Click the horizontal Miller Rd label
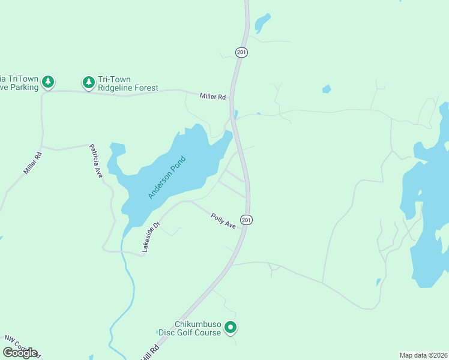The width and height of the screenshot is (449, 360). click(x=213, y=97)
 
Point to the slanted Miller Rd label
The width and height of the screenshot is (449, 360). click(x=32, y=163)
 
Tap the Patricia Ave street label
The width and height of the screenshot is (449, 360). click(x=96, y=161)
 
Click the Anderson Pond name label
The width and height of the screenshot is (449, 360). click(x=167, y=178)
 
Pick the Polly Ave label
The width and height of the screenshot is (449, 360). click(x=223, y=220)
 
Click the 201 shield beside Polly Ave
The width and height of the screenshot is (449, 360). click(x=247, y=220)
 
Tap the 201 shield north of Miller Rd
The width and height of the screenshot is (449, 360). click(x=241, y=53)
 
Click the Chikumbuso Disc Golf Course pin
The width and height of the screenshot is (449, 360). click(x=231, y=328)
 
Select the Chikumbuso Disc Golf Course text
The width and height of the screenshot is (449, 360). click(x=190, y=328)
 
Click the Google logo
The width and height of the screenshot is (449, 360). click(x=20, y=353)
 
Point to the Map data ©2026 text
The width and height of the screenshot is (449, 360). click(x=423, y=355)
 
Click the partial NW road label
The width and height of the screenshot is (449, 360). click(x=21, y=344)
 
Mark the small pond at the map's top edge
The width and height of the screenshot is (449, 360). click(x=262, y=23)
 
